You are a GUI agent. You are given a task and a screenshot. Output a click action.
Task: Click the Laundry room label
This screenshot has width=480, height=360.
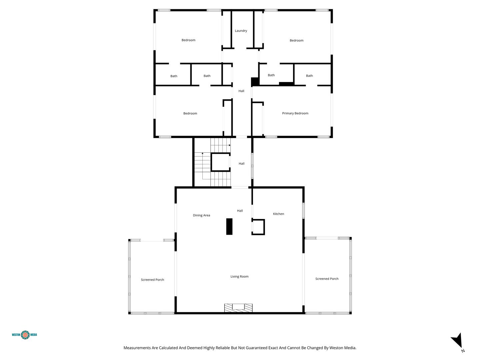coord(241,31)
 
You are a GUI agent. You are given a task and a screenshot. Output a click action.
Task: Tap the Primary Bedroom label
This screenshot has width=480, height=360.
coord(295,113)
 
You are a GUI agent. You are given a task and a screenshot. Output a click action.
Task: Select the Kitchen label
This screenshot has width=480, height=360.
coord(278,214)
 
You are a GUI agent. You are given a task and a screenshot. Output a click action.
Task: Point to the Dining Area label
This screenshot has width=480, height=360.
coord(201,215)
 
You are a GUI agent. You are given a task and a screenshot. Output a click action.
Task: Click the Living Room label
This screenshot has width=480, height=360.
coord(239,277)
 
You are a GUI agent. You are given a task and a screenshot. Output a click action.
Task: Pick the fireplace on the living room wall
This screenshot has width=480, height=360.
coord(238,308)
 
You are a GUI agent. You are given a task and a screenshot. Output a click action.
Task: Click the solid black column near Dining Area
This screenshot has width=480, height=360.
coord(229,226)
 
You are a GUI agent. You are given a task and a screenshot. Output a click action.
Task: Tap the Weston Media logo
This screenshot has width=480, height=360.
coord(24,335)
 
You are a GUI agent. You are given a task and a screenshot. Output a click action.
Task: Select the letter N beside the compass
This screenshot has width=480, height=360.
coord(463,351)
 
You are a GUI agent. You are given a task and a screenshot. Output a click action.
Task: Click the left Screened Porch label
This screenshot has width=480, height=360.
coord(152,280)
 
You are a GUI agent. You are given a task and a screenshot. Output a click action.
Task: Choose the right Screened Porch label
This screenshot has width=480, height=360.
coord(327,279)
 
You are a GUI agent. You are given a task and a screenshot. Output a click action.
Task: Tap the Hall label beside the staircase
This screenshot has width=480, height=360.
coord(241,163)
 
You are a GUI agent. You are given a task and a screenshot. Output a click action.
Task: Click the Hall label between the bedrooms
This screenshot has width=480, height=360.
coord(241,91)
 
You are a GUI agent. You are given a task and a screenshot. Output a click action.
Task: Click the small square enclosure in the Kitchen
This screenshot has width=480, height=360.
coord(258,227)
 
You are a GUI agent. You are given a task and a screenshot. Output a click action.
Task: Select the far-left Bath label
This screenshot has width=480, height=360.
coord(174,76)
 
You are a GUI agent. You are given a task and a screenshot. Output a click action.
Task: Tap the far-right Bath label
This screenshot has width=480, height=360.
coord(309,76)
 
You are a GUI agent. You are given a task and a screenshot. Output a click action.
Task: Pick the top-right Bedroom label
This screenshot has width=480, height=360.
coord(296,40)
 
